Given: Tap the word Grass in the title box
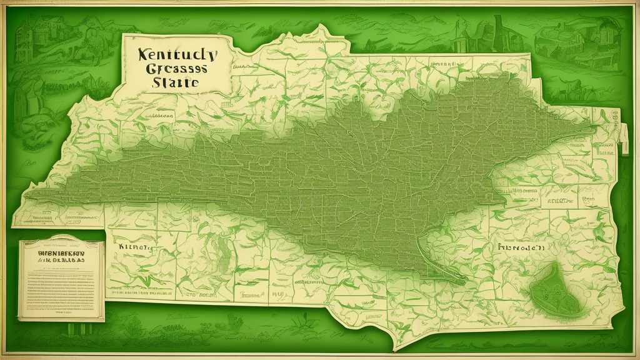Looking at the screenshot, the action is pyautogui.click(x=177, y=68).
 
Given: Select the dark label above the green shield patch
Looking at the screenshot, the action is pyautogui.click(x=518, y=247).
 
